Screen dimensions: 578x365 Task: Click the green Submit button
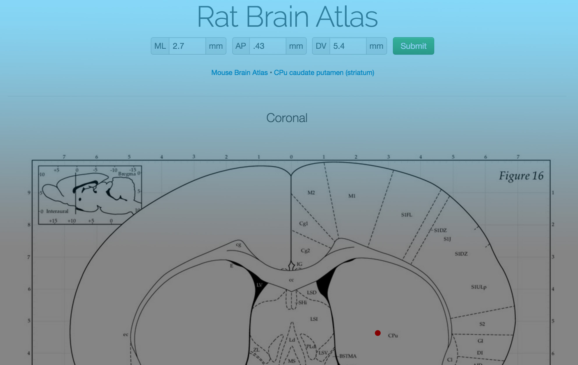click(x=413, y=46)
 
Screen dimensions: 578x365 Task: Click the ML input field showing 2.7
click(x=187, y=46)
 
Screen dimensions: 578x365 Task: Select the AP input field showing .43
click(x=267, y=46)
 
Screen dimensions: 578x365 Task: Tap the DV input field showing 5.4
click(x=347, y=46)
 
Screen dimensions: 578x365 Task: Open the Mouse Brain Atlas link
click(x=239, y=73)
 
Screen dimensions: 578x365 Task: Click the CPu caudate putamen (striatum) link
click(x=324, y=73)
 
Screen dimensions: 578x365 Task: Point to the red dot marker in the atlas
click(x=378, y=333)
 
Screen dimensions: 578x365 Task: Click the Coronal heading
click(x=287, y=118)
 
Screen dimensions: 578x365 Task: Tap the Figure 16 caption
click(x=521, y=176)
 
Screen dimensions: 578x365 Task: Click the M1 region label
click(x=352, y=196)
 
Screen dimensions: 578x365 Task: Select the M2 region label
click(x=311, y=193)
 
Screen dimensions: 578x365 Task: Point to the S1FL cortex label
click(x=407, y=215)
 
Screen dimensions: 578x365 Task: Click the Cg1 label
click(x=303, y=223)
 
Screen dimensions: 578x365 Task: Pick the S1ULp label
click(x=478, y=287)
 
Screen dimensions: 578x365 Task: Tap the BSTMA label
click(x=348, y=356)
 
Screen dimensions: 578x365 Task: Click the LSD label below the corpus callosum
click(x=311, y=292)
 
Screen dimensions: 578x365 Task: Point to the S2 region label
click(x=482, y=324)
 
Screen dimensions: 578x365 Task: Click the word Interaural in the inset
click(x=57, y=211)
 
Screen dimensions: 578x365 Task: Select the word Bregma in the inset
click(x=127, y=174)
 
